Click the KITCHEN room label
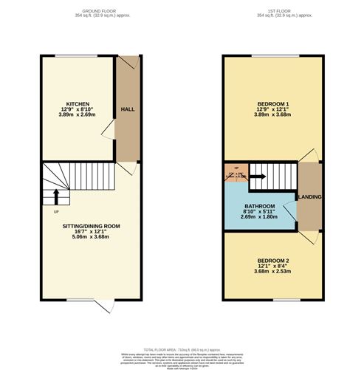78,103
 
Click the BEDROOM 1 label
272,103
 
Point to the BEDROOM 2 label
272,261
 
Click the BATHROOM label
260,206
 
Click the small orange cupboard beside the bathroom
234,174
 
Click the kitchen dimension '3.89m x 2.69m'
78,115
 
